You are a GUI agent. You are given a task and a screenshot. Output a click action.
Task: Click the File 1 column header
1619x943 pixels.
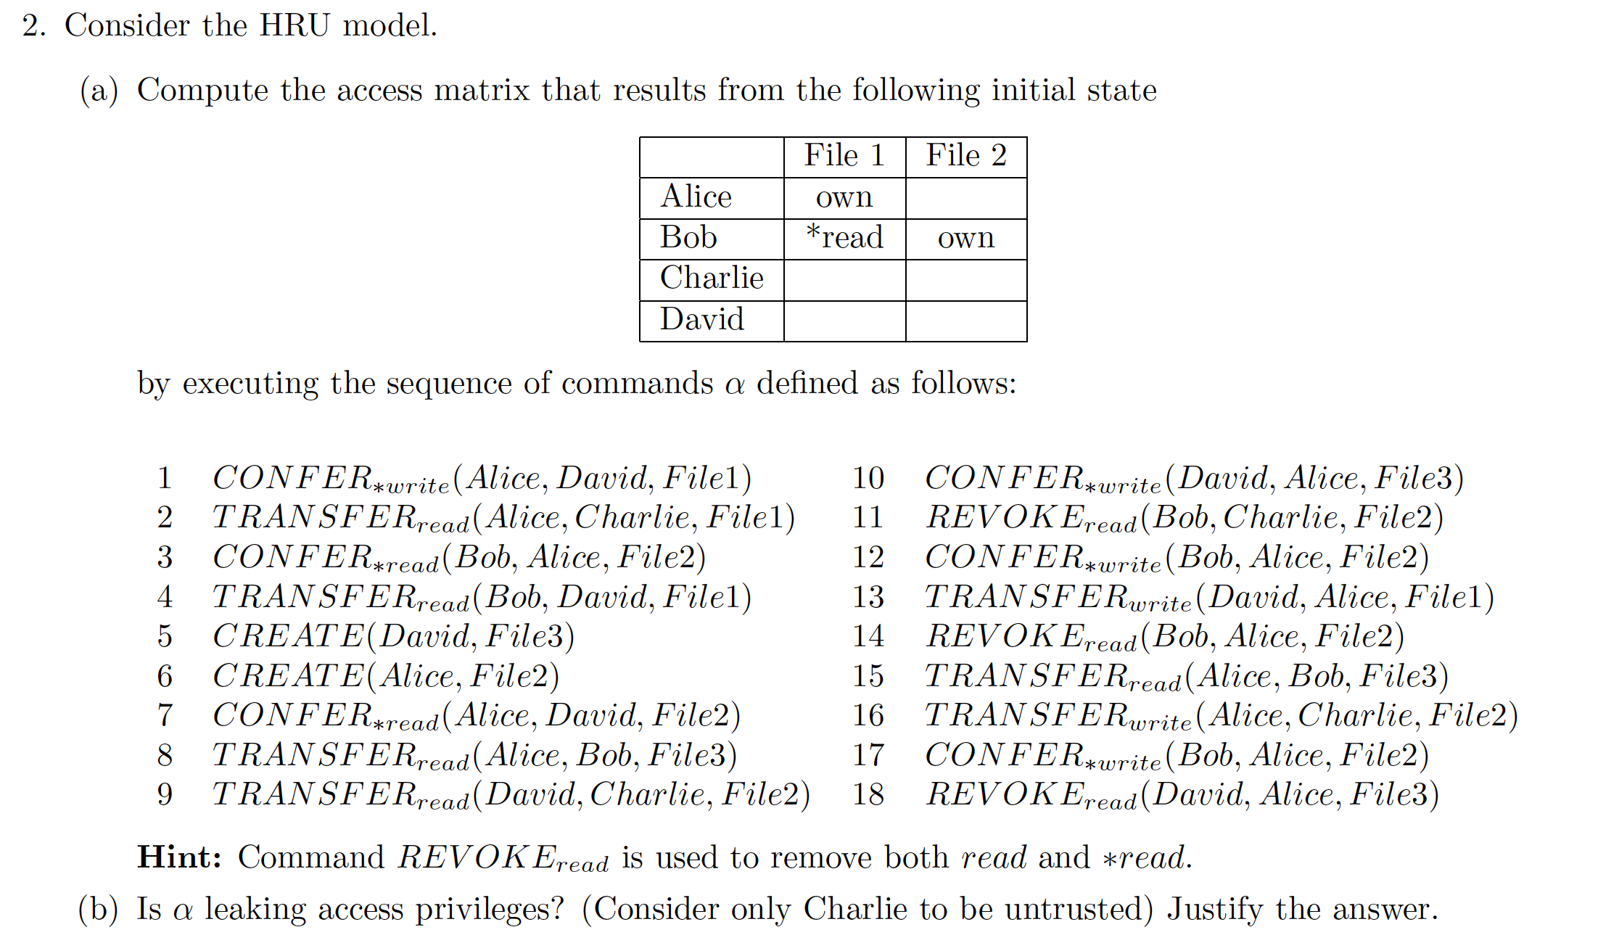844,156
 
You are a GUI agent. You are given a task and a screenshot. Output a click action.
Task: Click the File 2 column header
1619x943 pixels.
966,156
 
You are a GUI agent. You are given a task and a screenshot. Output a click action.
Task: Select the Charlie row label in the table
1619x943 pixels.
711,279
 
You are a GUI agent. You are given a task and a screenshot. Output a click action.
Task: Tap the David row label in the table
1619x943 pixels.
701,320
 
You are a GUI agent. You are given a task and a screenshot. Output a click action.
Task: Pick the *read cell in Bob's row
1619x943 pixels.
844,238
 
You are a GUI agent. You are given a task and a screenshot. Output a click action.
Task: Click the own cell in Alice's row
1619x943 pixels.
844,197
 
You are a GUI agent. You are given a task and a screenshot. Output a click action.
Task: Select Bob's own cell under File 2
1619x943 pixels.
966,238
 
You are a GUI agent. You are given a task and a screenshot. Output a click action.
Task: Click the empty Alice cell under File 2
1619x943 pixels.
966,197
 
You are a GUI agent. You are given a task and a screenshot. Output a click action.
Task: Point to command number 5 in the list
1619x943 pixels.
165,637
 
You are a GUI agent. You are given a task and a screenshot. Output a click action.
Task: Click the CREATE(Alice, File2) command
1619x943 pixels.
386,676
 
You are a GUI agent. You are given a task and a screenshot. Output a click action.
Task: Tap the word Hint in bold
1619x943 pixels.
178,857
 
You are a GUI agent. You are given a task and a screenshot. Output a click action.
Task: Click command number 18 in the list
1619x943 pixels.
868,795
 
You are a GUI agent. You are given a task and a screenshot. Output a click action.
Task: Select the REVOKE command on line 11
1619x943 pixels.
1184,518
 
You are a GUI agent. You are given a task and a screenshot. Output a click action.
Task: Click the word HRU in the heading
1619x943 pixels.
294,26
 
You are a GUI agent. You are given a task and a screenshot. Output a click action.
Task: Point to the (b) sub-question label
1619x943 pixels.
98,910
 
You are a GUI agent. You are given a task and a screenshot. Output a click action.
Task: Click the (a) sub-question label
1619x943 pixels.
99,91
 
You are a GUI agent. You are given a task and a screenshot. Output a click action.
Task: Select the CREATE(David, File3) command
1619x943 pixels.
393,637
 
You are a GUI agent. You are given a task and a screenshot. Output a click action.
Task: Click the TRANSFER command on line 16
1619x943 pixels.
1221,716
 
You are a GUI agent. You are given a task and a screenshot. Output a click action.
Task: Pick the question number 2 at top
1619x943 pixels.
33,26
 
